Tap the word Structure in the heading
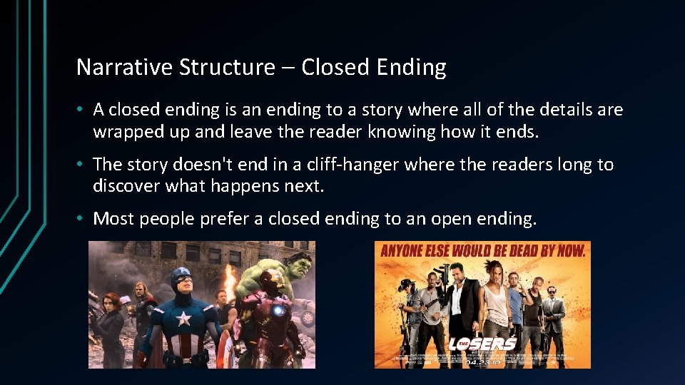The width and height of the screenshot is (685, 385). coord(226,67)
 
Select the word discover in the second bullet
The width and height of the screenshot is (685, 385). coord(126,186)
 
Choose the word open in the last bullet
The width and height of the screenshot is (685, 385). coord(454,219)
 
